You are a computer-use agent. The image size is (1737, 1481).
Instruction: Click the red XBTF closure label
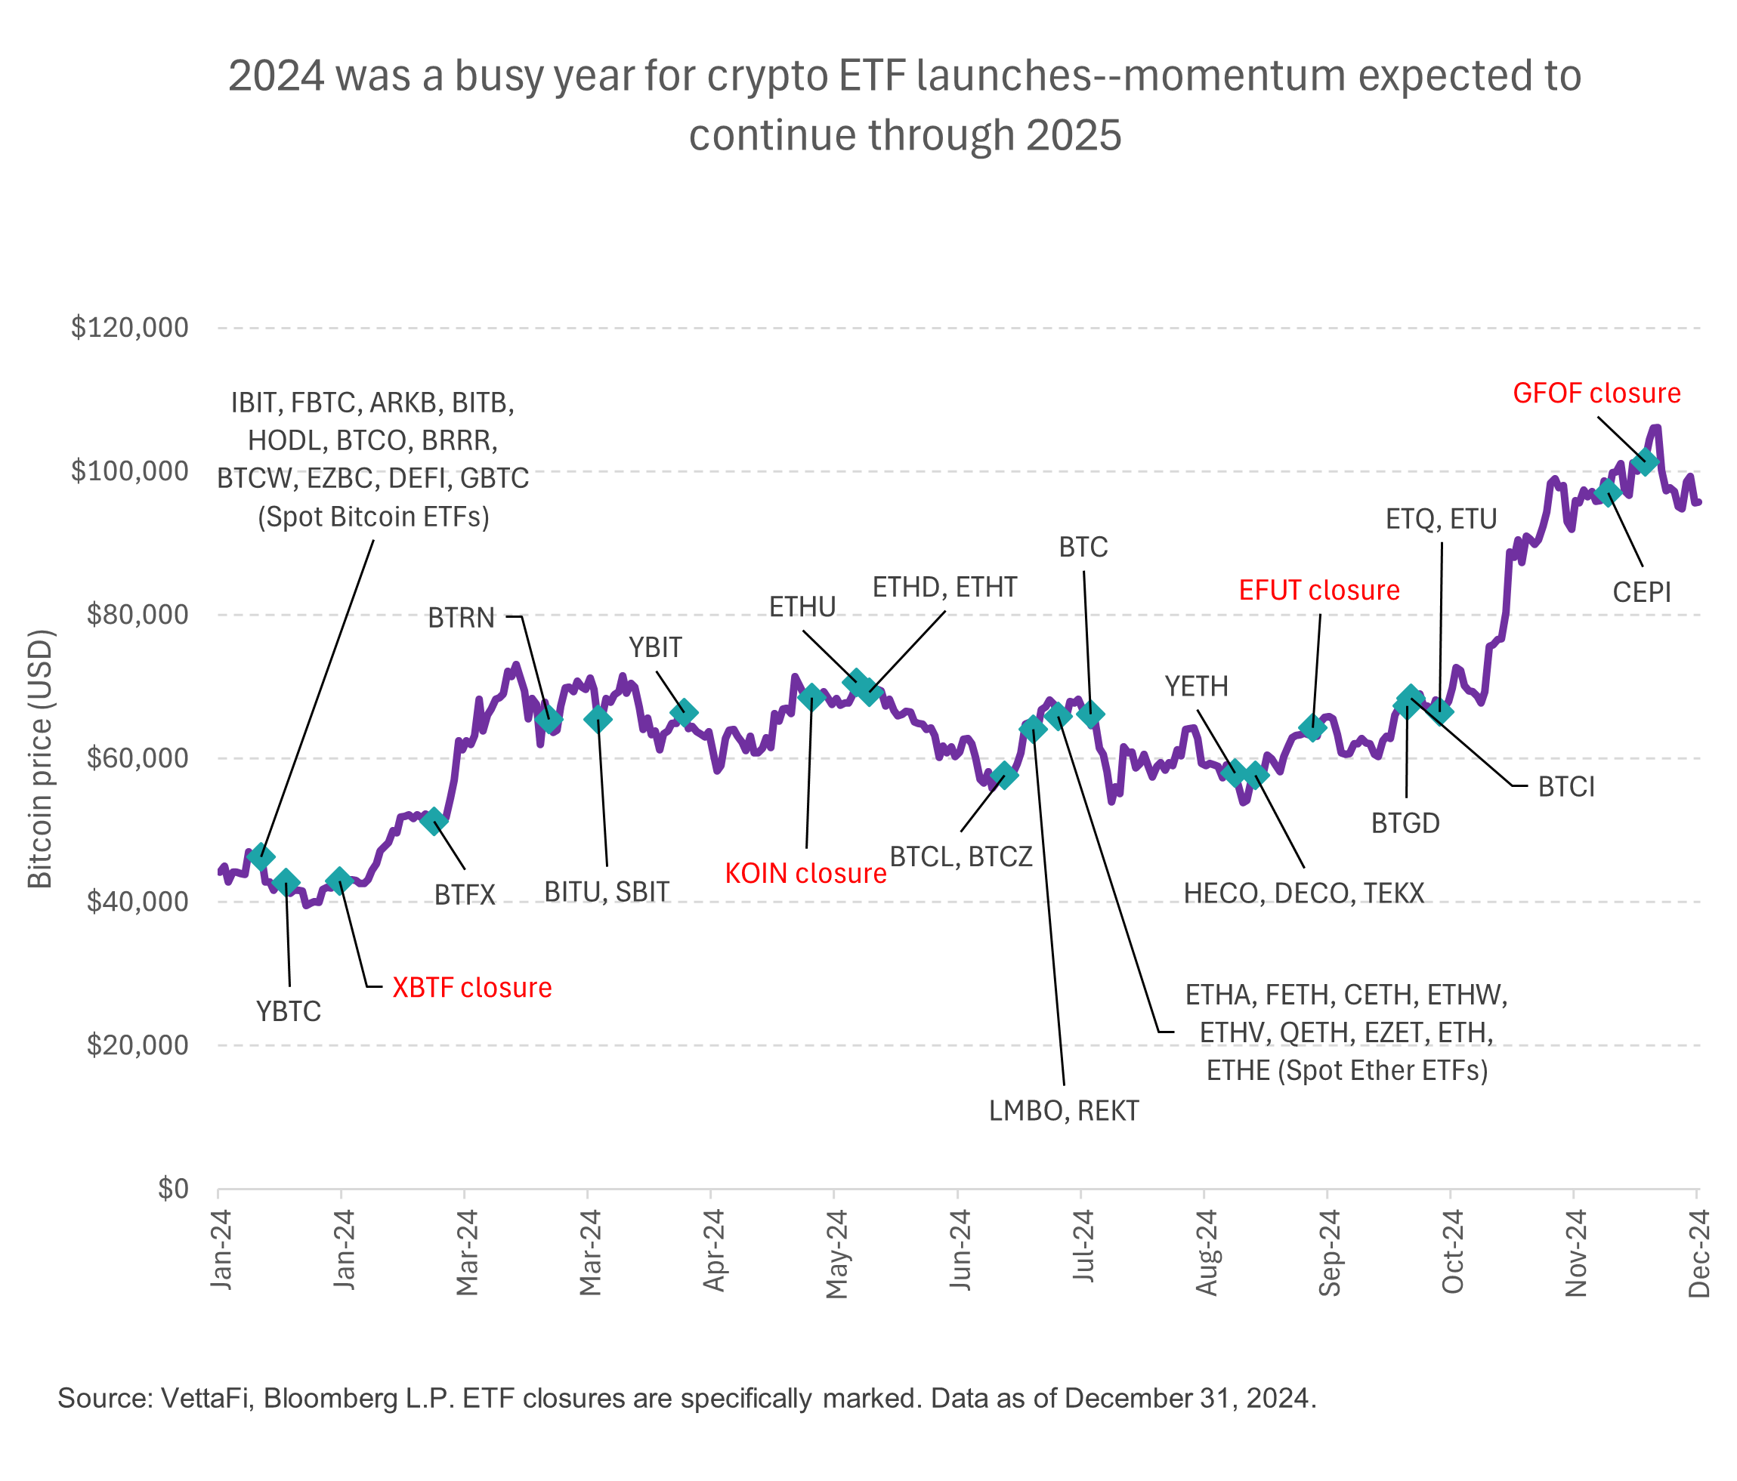(472, 987)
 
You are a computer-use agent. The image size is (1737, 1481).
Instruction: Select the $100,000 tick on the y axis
(130, 471)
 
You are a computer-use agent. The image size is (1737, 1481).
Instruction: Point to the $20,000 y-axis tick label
(138, 1045)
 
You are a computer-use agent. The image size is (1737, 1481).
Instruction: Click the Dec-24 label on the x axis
(1698, 1254)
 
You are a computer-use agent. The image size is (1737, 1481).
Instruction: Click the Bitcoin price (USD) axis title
(40, 758)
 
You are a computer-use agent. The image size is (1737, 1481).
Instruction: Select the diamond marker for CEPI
(1607, 492)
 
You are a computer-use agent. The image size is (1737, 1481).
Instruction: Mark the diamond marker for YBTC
(286, 881)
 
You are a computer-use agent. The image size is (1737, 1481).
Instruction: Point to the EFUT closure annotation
(1318, 590)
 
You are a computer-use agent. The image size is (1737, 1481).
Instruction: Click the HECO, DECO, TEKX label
(1303, 893)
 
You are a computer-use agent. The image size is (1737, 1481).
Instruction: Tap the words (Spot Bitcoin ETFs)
(373, 517)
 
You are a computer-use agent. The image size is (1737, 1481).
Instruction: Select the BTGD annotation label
(1405, 823)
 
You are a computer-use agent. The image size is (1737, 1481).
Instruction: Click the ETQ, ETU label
(1441, 520)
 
